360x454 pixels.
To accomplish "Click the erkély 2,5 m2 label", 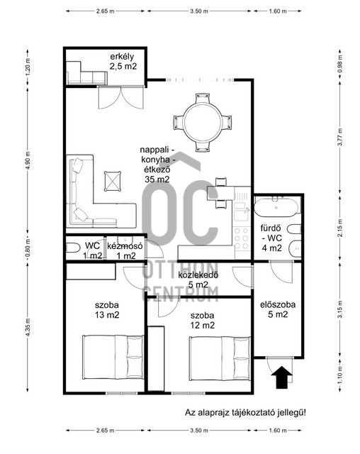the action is [x=123, y=62].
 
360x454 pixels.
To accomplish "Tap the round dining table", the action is [x=203, y=122].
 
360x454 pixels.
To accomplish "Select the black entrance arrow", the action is [x=282, y=377].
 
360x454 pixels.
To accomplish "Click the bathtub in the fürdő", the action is [x=276, y=207].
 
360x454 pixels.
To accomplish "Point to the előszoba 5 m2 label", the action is [x=278, y=309].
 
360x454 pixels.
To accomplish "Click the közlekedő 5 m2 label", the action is [x=198, y=279].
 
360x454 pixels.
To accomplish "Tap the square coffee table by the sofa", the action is [x=113, y=182].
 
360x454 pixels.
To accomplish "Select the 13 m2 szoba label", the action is [x=107, y=310].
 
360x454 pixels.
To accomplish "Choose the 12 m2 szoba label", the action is [x=203, y=320].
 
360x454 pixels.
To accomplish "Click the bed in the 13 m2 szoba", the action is [x=113, y=357].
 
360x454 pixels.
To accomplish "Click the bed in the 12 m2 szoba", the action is [x=220, y=358].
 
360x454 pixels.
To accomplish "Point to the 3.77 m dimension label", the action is [x=340, y=137].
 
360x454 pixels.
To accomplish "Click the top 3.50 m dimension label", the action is [x=199, y=11].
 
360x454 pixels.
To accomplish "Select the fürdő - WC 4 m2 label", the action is [x=271, y=238].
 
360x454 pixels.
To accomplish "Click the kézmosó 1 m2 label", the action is [x=125, y=251].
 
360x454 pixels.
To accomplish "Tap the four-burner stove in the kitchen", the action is [x=242, y=238].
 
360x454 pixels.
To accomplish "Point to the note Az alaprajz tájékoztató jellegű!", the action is [x=245, y=412].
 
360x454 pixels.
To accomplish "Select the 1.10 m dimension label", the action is [x=340, y=375].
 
